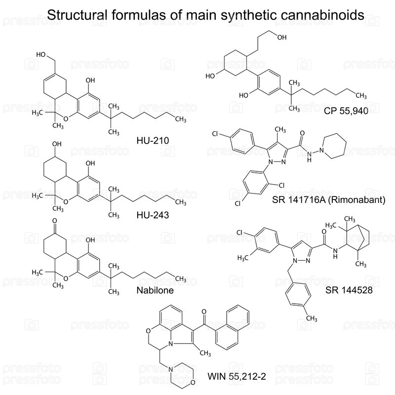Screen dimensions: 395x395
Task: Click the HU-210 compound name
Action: [x=153, y=141]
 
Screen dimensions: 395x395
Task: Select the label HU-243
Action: [x=153, y=215]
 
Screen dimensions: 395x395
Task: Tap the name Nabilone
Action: [x=155, y=290]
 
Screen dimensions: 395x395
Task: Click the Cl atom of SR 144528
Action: [x=240, y=232]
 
